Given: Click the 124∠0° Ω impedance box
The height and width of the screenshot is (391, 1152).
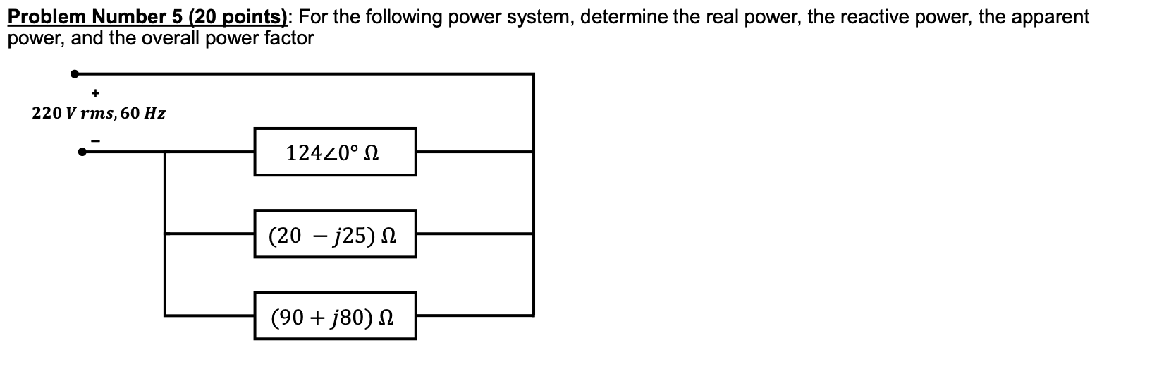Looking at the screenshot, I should point(335,152).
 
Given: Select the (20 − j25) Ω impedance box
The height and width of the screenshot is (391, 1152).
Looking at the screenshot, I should point(335,234).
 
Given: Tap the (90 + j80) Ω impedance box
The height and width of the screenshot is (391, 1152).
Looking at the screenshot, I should point(335,315).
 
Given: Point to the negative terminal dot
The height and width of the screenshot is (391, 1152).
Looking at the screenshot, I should point(82,151).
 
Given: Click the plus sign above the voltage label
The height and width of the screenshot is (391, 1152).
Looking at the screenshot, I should point(95,92).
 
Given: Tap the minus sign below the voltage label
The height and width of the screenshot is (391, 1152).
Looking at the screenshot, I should point(98,140).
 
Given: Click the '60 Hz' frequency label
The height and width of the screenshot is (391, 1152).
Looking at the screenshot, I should point(143,113).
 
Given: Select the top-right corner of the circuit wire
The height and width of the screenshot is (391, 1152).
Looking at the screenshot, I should point(533,73).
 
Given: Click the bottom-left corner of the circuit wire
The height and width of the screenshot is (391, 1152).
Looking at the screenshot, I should point(165,315).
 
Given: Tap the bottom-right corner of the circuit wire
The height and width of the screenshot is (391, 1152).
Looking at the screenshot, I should point(533,315).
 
